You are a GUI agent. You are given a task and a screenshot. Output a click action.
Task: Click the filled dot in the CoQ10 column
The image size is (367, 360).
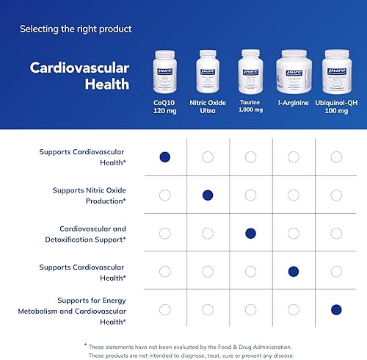(165, 156)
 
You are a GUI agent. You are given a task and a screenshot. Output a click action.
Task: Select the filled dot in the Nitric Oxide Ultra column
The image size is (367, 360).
(208, 195)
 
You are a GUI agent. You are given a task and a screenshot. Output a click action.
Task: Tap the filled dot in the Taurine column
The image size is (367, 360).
(250, 233)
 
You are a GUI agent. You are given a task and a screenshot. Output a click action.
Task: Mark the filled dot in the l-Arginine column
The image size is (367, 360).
(294, 271)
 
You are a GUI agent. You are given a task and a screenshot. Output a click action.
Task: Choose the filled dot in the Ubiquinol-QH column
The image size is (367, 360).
(336, 309)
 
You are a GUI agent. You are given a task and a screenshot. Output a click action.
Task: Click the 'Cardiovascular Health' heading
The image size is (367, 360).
(79, 76)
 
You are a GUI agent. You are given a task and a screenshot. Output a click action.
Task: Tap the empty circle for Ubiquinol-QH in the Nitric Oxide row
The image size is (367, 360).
(336, 195)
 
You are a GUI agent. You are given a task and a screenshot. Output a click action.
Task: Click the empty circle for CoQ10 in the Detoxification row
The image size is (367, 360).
(165, 233)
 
